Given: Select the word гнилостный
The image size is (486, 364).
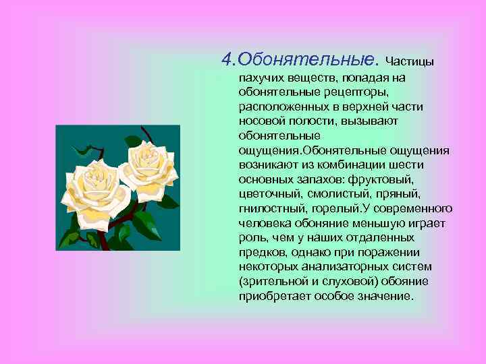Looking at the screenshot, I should click(269, 208).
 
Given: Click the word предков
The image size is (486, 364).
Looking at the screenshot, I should click(260, 252).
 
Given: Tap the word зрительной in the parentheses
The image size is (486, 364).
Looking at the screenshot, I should click(270, 282).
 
